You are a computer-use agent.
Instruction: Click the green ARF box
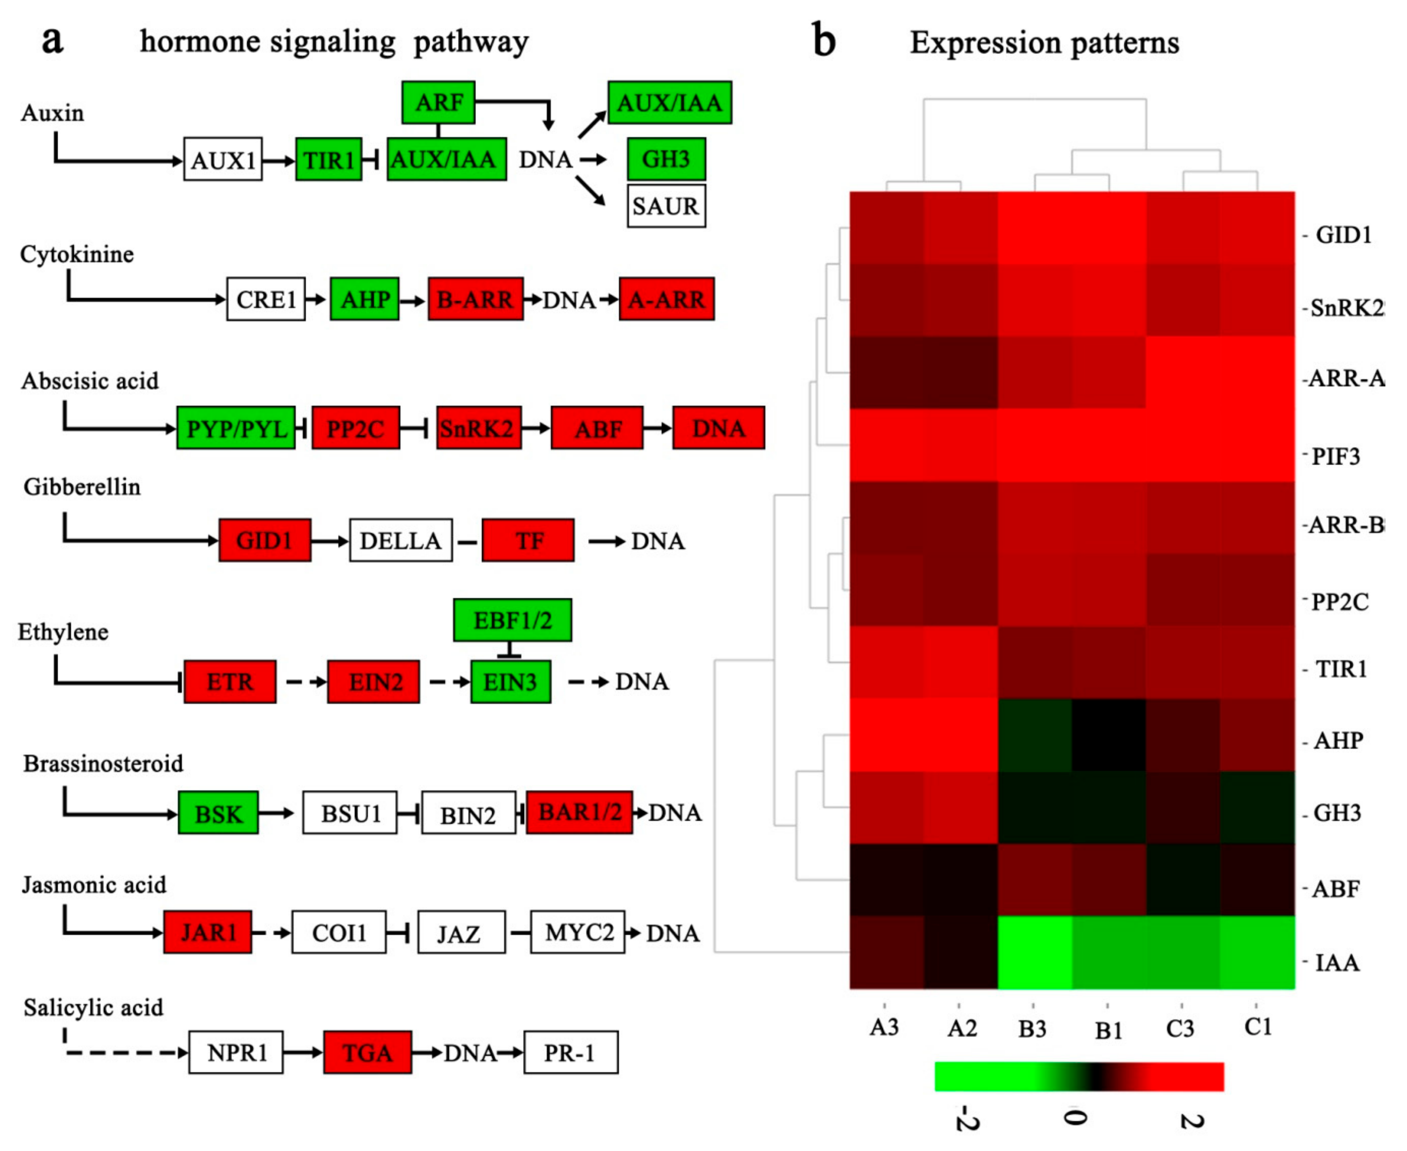coord(438,103)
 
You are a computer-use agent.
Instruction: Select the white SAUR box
coord(666,206)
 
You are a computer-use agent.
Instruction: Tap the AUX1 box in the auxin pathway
coord(223,160)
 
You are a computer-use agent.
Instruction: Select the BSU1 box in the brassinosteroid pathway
coord(350,813)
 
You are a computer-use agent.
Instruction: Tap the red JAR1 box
coord(208,932)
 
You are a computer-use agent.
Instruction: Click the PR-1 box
coord(571,1053)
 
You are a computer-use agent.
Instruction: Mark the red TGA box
coord(367,1053)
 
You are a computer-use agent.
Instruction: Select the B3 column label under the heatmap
coord(1032,1029)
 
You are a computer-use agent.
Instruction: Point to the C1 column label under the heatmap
coord(1257,1027)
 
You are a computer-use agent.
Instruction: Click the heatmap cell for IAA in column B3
coord(1035,952)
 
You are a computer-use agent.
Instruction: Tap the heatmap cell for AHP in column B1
coord(1109,734)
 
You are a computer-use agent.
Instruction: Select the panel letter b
coord(824,41)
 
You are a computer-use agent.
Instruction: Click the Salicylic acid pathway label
coord(93,1008)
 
